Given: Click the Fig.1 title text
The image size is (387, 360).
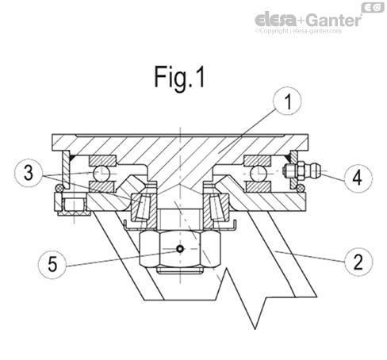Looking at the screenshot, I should coord(179,79).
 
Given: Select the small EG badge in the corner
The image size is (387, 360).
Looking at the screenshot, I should coord(371,7).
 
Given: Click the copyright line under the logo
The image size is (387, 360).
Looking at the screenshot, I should coord(308,33).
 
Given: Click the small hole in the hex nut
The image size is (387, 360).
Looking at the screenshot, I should coord(181,249).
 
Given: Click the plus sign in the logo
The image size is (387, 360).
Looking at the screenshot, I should coord(302,19).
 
